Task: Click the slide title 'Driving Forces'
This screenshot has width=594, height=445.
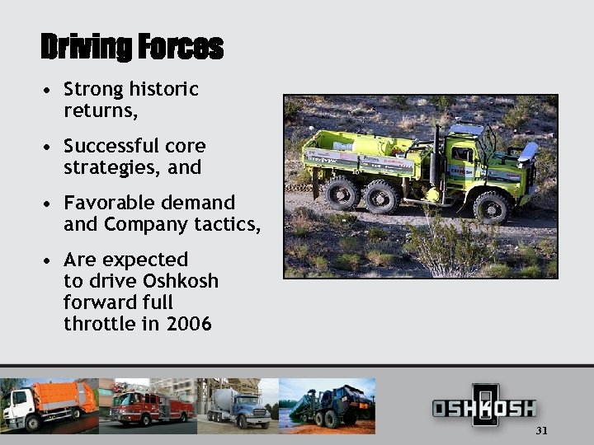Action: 132,46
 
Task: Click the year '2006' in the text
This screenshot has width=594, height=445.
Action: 188,324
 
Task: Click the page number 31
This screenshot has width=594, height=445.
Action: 541,430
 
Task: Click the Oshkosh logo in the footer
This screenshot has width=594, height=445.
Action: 484,406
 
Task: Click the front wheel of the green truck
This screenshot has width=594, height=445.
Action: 493,207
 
